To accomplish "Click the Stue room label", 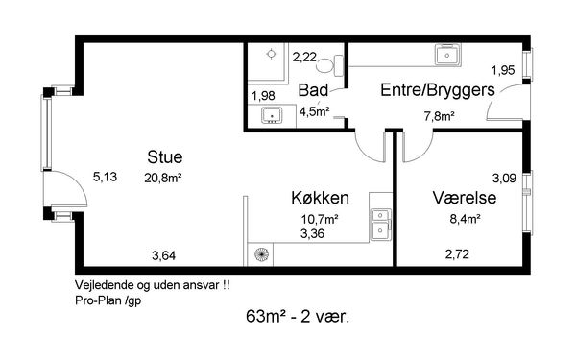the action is pyautogui.click(x=165, y=157).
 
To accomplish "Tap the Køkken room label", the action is pyautogui.click(x=320, y=198).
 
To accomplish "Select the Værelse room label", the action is pyautogui.click(x=465, y=197).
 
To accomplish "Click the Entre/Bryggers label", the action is pyautogui.click(x=438, y=90).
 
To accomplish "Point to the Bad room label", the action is pyautogui.click(x=313, y=90).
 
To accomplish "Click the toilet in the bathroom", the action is pyautogui.click(x=329, y=65).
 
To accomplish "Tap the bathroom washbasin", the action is pyautogui.click(x=272, y=115).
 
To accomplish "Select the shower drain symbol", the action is pyautogui.click(x=271, y=54).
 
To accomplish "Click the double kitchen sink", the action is pyautogui.click(x=381, y=224).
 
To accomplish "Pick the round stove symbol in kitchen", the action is pyautogui.click(x=261, y=254).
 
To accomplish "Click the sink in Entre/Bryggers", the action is pyautogui.click(x=447, y=55).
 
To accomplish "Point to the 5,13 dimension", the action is pyautogui.click(x=105, y=177).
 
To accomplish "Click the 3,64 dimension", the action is pyautogui.click(x=163, y=255).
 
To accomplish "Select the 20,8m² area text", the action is pyautogui.click(x=163, y=179).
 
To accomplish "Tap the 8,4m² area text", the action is pyautogui.click(x=466, y=219).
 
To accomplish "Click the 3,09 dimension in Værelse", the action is pyautogui.click(x=504, y=179).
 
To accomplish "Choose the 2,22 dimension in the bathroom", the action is pyautogui.click(x=304, y=57).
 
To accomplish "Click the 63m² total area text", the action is pyautogui.click(x=266, y=316).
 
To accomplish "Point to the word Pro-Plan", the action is pyautogui.click(x=98, y=300).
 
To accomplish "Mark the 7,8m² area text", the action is pyautogui.click(x=440, y=116).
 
